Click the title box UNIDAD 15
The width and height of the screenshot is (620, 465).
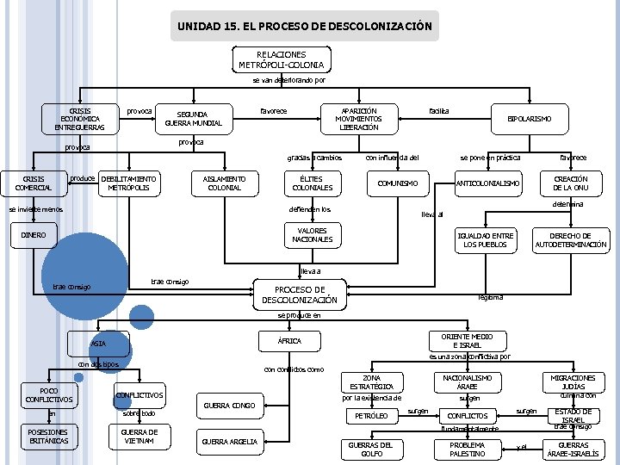click(x=305, y=26)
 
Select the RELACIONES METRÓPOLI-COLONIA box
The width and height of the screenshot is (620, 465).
click(x=281, y=59)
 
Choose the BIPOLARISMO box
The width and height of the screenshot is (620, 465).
click(x=530, y=118)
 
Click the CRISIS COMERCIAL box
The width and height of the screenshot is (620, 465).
click(x=33, y=183)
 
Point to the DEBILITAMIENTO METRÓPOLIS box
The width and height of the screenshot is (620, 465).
click(x=128, y=183)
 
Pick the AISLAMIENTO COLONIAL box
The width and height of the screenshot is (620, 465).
click(x=225, y=183)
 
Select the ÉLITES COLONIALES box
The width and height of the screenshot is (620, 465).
click(x=312, y=183)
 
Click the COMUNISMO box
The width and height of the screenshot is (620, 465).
click(x=398, y=183)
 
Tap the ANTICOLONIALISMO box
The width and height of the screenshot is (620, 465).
click(x=488, y=183)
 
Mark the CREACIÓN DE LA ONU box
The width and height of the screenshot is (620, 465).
click(x=570, y=183)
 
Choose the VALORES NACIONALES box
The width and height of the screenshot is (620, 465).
click(x=312, y=235)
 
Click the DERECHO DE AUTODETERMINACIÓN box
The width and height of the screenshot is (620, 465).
click(x=571, y=240)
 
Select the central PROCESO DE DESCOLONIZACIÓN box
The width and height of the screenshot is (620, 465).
click(x=300, y=294)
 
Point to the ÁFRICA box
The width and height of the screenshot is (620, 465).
click(x=290, y=342)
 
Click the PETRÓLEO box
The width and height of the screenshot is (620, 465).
click(x=371, y=416)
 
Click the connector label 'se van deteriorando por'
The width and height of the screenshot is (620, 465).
click(x=288, y=81)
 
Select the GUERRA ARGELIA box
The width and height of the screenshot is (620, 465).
click(x=229, y=442)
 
